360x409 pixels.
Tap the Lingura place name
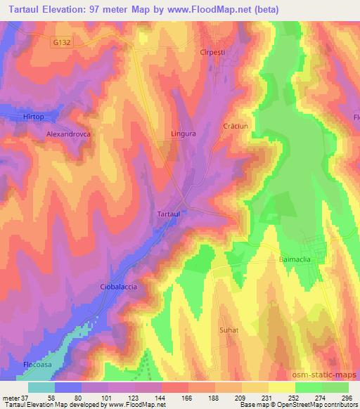coord(183,131)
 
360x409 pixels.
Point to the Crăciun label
coord(236,124)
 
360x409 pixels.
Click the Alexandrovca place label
coord(70,132)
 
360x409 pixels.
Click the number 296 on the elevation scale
coord(348,397)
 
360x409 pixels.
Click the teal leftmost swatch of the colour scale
coord(41,387)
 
